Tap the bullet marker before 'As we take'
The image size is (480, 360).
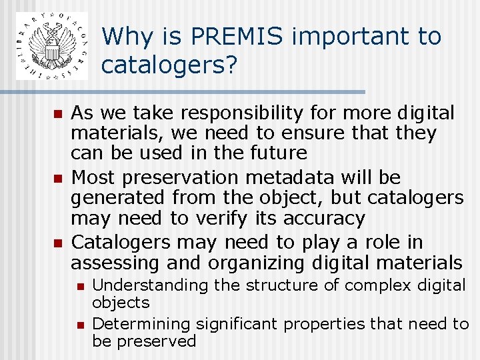click(x=57, y=114)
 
